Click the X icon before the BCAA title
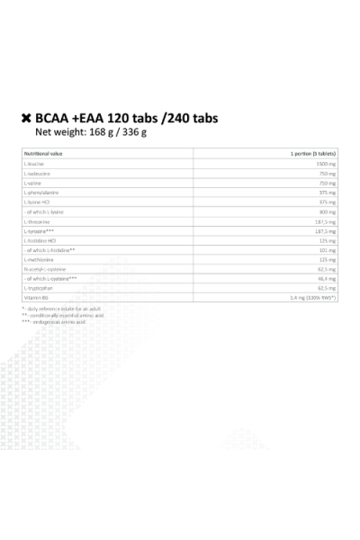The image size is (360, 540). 26,118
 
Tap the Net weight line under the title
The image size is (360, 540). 89,133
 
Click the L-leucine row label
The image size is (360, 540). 34,166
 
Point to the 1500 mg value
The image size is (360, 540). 327,166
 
